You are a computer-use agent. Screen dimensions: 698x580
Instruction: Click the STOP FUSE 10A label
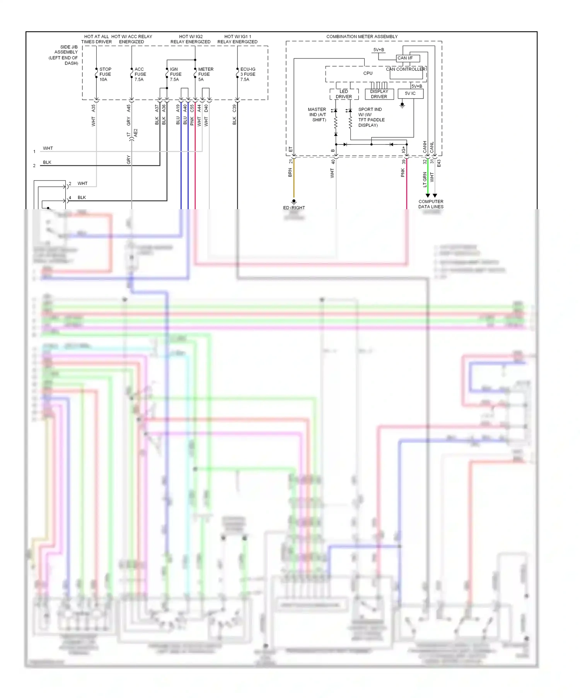[105, 74]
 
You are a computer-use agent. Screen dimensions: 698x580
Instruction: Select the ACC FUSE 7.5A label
[140, 74]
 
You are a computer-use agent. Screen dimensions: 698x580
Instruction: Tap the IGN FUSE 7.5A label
[175, 74]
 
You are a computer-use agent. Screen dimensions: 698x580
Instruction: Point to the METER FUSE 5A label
[205, 74]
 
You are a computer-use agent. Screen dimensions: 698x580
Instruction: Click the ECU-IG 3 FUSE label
[247, 74]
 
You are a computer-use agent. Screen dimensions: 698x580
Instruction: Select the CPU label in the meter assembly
[368, 73]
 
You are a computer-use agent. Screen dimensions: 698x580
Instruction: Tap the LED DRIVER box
[344, 94]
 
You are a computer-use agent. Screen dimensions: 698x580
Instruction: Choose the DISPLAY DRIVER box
[379, 94]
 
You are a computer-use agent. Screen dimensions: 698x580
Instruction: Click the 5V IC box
[410, 94]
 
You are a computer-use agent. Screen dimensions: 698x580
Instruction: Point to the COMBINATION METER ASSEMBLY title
[362, 37]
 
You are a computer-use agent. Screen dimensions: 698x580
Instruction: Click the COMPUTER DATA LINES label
[431, 204]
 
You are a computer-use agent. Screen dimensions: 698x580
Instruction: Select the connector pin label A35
[93, 108]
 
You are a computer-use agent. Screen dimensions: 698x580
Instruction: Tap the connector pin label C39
[234, 108]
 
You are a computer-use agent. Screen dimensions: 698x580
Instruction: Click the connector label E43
[439, 163]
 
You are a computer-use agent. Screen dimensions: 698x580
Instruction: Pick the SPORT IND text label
[370, 109]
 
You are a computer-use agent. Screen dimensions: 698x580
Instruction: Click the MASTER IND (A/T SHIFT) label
[317, 115]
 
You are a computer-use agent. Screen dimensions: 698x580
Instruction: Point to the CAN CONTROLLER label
[405, 69]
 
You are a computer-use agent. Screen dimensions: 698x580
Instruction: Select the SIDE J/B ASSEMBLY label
[66, 55]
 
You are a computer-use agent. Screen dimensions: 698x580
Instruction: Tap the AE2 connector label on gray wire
[136, 133]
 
